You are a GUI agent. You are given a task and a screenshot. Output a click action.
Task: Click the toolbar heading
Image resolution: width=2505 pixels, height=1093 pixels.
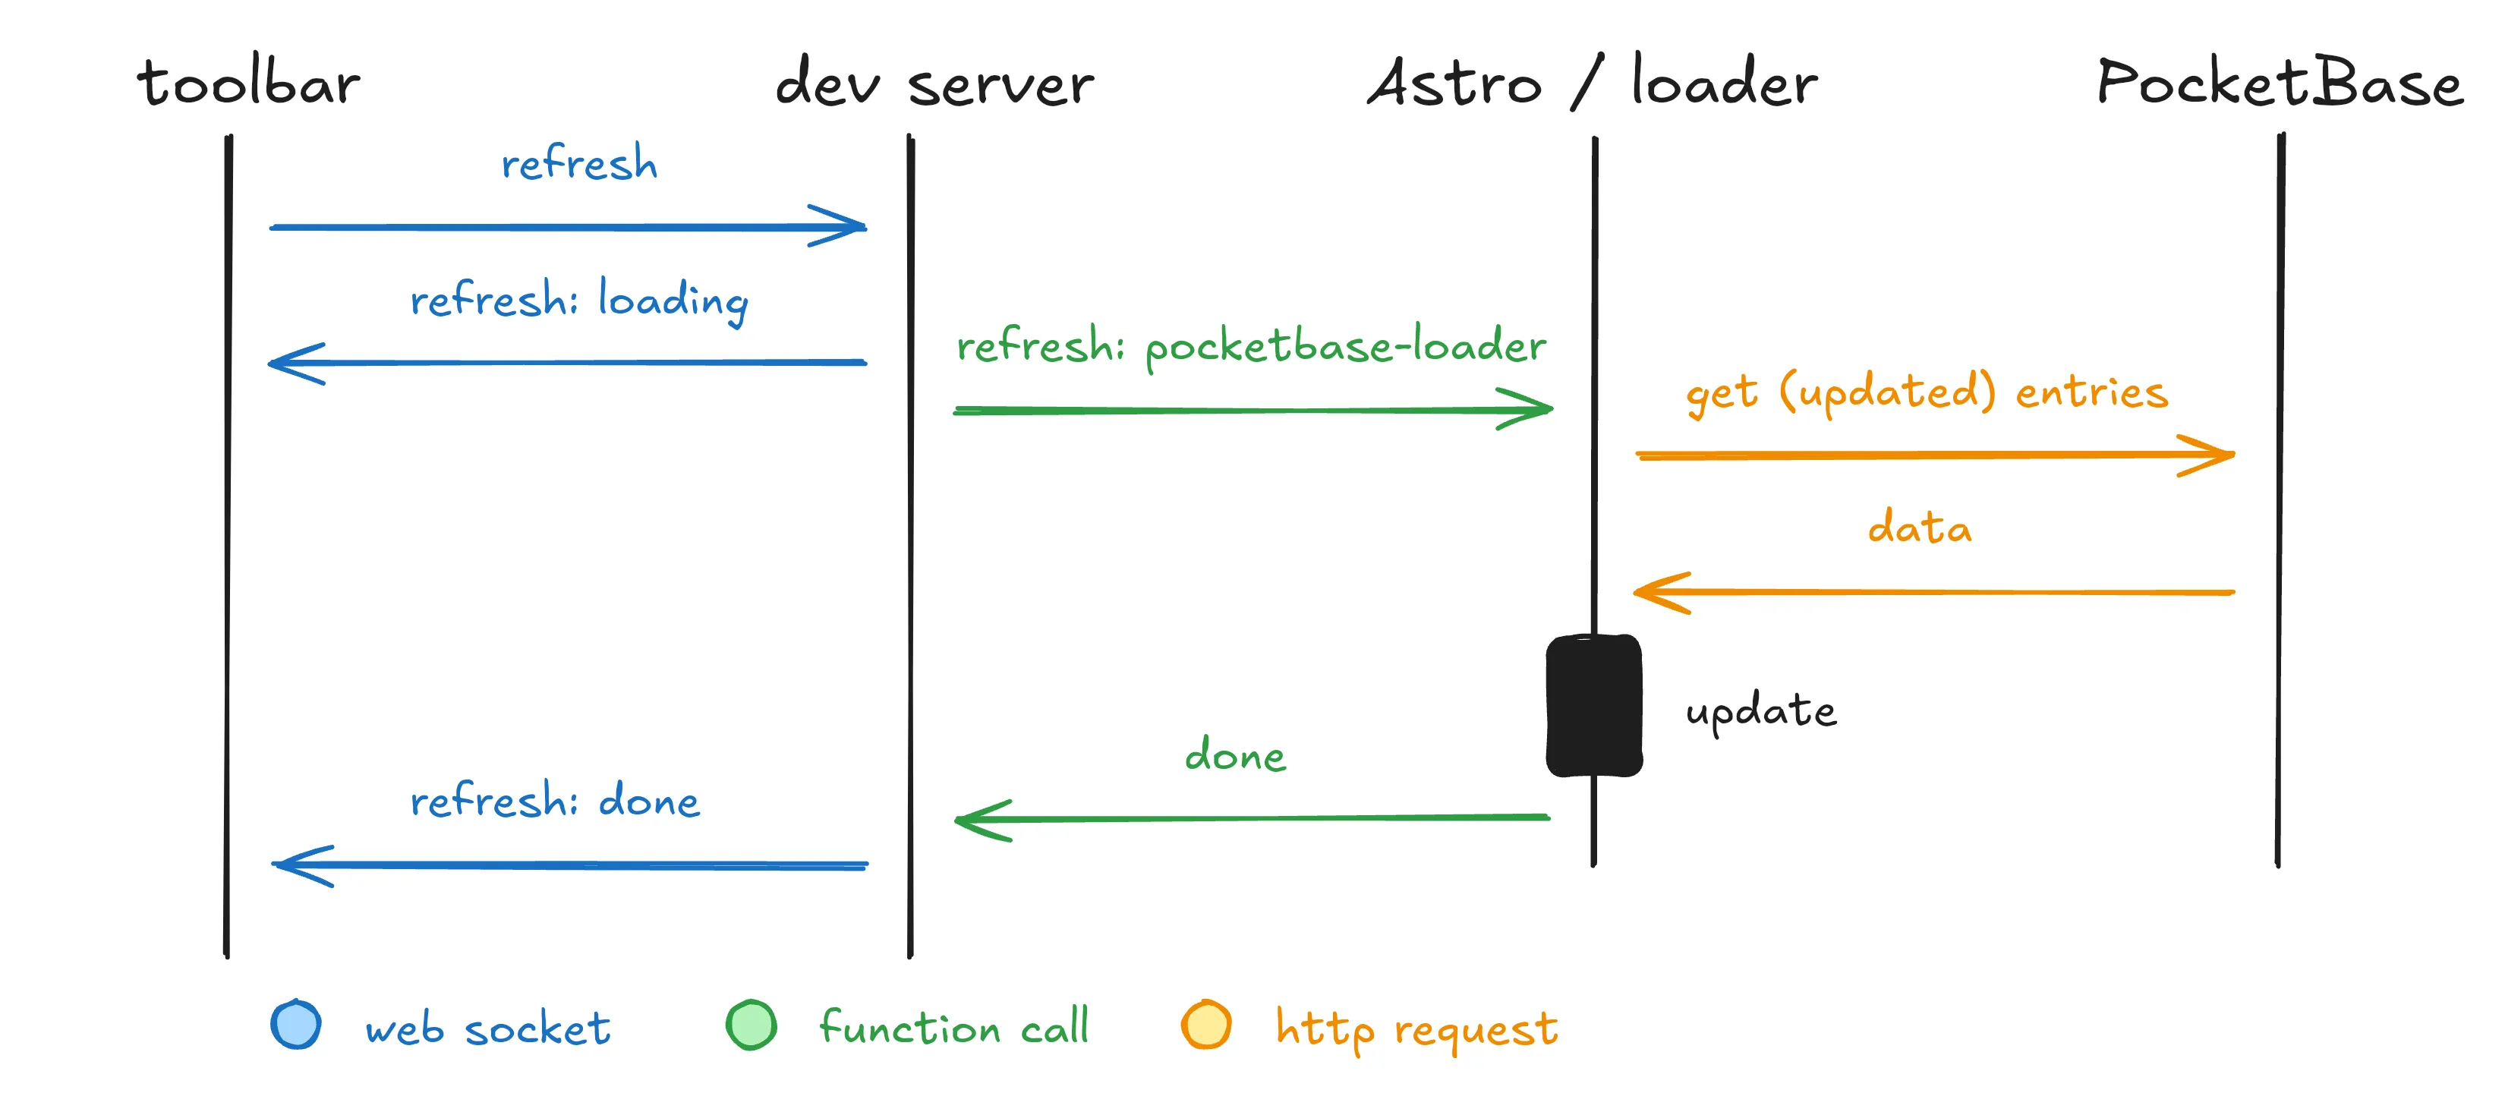click(x=249, y=83)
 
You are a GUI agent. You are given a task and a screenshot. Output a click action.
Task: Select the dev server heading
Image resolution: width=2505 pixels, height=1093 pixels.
click(x=934, y=83)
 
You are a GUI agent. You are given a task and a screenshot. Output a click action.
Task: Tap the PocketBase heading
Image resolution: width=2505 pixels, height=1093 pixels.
click(x=2279, y=83)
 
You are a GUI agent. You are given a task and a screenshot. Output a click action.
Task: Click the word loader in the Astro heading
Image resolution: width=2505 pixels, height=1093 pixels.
click(x=1724, y=83)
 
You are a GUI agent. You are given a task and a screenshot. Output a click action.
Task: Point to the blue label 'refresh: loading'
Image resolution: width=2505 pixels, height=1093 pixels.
click(x=578, y=301)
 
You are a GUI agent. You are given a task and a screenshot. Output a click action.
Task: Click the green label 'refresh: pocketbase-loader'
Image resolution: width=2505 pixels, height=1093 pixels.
click(x=1250, y=346)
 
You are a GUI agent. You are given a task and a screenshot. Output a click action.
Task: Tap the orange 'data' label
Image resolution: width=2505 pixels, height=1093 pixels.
click(x=1920, y=528)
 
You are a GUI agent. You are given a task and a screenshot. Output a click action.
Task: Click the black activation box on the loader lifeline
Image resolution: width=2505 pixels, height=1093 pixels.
click(x=1594, y=706)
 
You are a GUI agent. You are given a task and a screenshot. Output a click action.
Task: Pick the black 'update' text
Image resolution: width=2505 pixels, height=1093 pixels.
click(x=1761, y=711)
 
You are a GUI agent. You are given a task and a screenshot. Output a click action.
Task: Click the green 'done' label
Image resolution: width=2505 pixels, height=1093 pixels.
click(x=1235, y=755)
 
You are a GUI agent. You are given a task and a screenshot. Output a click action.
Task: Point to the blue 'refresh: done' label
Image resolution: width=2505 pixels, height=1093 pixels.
click(x=554, y=802)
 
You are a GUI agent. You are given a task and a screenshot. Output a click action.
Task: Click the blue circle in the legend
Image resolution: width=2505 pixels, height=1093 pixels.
click(x=295, y=1025)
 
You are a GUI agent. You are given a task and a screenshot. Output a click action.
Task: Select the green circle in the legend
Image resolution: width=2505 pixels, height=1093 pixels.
click(x=751, y=1025)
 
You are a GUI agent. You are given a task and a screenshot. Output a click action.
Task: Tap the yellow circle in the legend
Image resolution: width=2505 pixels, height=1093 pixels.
click(x=1206, y=1025)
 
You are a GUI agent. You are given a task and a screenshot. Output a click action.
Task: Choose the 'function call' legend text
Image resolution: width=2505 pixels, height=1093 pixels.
click(x=953, y=1028)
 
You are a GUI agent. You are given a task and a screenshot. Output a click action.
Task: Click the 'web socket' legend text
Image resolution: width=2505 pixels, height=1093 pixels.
click(x=487, y=1028)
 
